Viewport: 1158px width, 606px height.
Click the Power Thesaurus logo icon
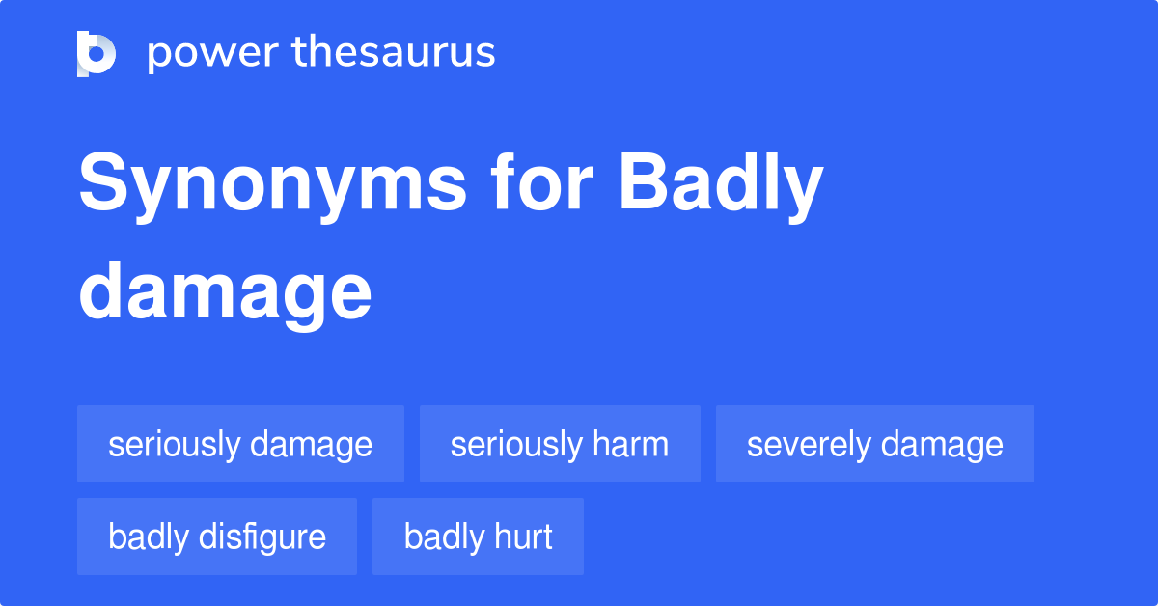pyautogui.click(x=96, y=53)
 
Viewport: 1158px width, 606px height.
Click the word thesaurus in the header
pyautogui.click(x=394, y=53)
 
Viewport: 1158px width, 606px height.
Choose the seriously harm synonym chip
pyautogui.click(x=560, y=444)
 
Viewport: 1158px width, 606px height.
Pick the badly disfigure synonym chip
pyautogui.click(x=217, y=537)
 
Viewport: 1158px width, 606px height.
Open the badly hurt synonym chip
pyautogui.click(x=478, y=537)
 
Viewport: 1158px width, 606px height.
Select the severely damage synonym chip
pyautogui.click(x=874, y=444)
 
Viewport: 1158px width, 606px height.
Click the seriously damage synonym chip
pyautogui.click(x=240, y=444)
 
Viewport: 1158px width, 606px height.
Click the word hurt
pyautogui.click(x=525, y=537)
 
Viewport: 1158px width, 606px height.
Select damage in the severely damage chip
pyautogui.click(x=942, y=445)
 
